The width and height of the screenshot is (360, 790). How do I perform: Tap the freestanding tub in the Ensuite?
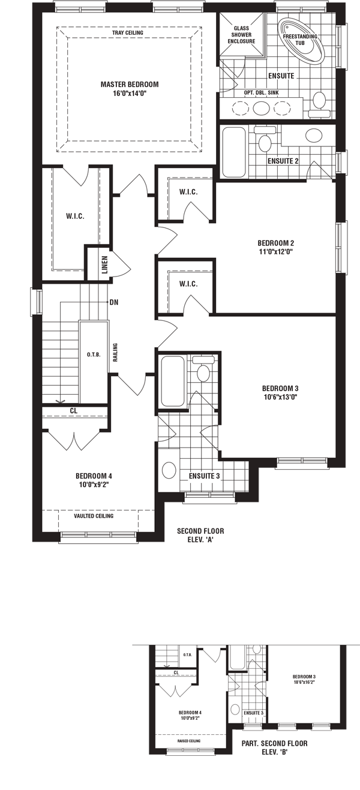coord(302,40)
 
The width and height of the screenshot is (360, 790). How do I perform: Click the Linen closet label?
coord(105,265)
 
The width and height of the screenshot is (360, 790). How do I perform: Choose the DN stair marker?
coord(114,302)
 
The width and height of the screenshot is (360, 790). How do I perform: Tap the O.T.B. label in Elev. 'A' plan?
coord(94,355)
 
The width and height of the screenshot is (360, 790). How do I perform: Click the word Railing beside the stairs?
coord(115,353)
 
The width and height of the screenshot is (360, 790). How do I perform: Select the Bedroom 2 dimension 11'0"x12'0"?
coord(276,252)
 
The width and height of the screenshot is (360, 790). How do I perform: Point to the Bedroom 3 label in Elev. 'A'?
coord(280,388)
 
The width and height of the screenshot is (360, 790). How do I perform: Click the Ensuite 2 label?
coord(283,161)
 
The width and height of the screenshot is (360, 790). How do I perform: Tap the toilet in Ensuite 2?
coord(265,139)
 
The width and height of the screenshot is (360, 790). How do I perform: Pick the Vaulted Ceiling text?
coord(94,516)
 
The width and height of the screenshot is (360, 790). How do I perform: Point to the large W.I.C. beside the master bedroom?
coord(75,216)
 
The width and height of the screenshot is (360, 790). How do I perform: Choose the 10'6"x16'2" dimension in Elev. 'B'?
coord(304,683)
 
